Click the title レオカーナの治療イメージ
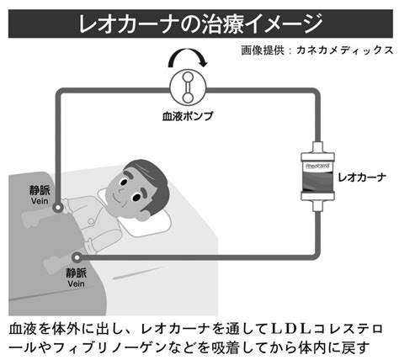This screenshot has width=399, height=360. [200, 24]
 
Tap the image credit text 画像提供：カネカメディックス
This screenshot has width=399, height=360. [317, 50]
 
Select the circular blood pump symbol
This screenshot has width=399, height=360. [188, 87]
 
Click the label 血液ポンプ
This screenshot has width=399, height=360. [188, 116]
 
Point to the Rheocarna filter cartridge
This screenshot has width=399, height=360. [317, 177]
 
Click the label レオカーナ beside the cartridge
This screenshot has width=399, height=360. [362, 177]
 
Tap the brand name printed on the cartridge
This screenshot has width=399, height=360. [317, 166]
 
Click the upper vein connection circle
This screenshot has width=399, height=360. [57, 208]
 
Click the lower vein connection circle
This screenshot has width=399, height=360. [77, 257]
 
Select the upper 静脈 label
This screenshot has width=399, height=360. [40, 190]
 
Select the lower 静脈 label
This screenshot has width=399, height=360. [77, 273]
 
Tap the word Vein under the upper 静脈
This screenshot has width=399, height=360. [40, 201]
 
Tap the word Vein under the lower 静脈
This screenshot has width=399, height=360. [76, 283]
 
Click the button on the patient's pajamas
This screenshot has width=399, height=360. [91, 222]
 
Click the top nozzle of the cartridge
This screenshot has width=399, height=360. [317, 147]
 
